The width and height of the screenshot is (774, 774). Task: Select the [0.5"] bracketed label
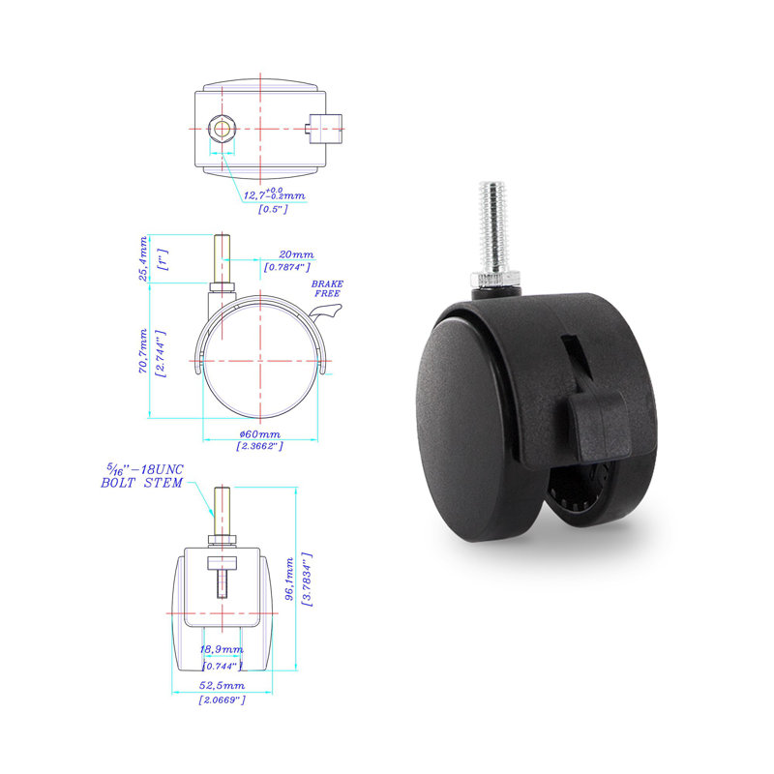[275, 210]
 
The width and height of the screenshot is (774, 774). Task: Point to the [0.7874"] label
[286, 268]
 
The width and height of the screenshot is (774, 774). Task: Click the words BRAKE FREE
[327, 287]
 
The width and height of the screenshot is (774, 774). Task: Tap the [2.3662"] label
[258, 446]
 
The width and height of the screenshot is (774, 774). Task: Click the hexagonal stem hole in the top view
[222, 127]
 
